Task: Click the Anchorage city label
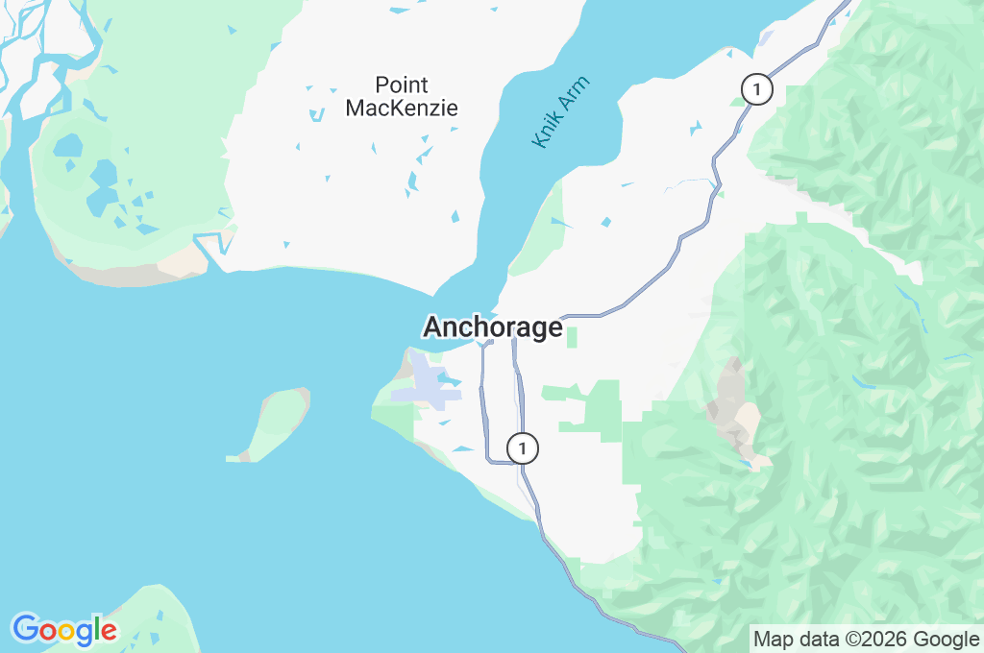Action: point(492,327)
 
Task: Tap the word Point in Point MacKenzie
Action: point(402,85)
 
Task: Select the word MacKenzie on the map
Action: point(402,109)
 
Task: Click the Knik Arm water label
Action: point(560,111)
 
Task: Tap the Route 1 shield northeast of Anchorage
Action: point(758,90)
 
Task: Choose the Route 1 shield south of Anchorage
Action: point(522,448)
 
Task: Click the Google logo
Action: point(64,630)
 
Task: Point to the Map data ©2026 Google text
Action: point(866,639)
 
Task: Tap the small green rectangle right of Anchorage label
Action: point(572,337)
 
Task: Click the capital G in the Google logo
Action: point(24,629)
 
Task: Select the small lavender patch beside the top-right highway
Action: point(766,38)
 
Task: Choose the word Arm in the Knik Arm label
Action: point(574,94)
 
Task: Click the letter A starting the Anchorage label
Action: point(433,327)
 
